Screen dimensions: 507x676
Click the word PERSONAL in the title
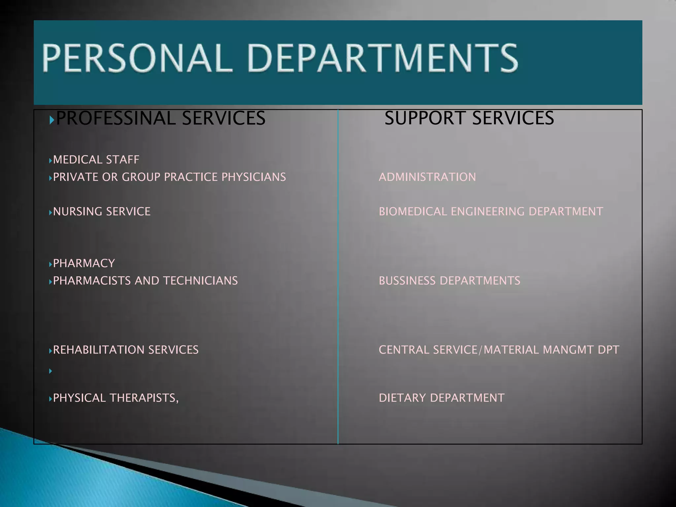pos(135,58)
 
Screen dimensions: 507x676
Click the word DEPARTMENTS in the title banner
pos(382,58)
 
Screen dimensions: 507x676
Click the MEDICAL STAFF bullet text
pos(96,160)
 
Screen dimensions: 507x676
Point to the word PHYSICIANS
pos(253,177)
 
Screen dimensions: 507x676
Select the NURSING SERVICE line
pos(102,212)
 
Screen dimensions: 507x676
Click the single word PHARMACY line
pos(84,263)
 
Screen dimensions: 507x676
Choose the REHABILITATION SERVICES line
pos(126,350)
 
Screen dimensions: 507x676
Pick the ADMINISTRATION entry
pos(427,177)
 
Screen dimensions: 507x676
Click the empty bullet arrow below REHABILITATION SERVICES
pos(51,371)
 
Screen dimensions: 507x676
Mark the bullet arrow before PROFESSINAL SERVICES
pos(51,120)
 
